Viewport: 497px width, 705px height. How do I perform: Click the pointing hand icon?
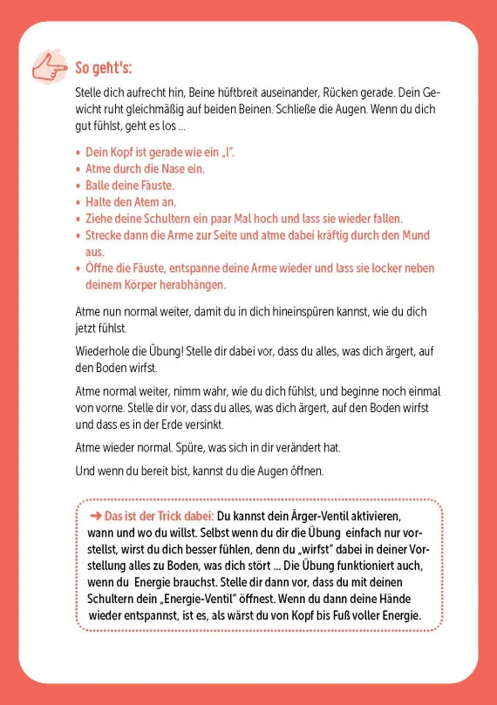click(x=47, y=67)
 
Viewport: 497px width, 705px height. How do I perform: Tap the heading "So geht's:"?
click(x=103, y=68)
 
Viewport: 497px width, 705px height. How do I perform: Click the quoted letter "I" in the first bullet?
click(x=228, y=153)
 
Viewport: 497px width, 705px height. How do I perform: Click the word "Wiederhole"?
click(x=103, y=353)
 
